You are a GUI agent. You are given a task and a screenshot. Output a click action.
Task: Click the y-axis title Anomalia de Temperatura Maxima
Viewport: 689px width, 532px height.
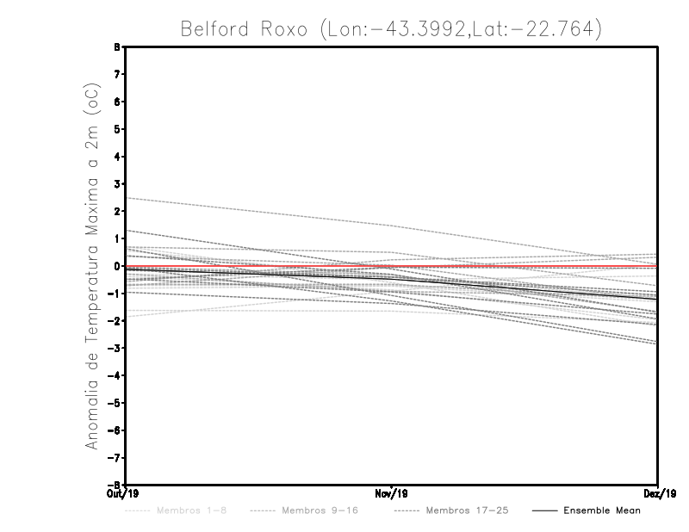(92, 266)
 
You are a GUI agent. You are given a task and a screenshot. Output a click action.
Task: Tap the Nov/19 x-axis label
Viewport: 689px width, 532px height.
(392, 494)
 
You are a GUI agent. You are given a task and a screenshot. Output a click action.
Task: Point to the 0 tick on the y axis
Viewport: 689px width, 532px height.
(118, 266)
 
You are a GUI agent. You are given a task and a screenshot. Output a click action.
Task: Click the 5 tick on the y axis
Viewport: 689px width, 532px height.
(118, 129)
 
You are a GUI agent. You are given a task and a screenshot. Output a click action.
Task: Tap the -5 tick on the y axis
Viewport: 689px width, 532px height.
(116, 402)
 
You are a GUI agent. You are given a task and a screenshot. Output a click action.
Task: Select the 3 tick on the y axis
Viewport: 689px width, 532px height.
(118, 184)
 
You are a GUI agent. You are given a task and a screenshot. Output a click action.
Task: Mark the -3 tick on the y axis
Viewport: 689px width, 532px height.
(116, 348)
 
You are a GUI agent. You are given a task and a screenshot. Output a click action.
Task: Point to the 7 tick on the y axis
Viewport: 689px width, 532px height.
(118, 75)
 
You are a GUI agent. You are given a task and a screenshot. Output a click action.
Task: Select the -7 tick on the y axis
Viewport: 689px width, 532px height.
(116, 457)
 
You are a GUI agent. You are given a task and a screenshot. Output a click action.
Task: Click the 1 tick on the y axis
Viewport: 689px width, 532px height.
(118, 238)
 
